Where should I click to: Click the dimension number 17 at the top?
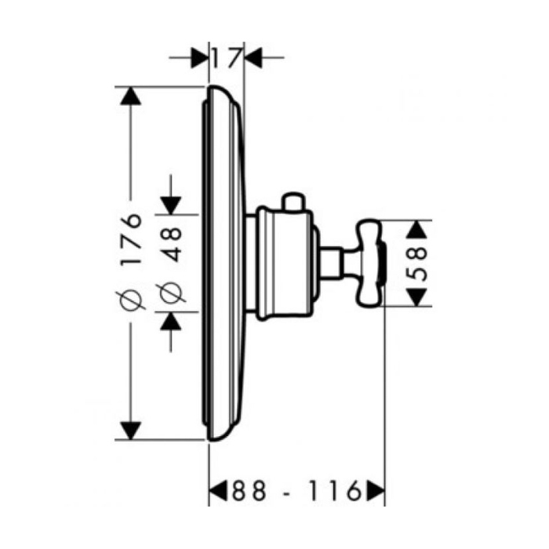click(x=227, y=59)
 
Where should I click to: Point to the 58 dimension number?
click(x=418, y=264)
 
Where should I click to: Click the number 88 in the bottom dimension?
click(x=249, y=491)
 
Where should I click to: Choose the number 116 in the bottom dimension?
click(x=335, y=491)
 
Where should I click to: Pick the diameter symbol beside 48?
click(x=172, y=291)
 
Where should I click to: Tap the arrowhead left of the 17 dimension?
click(x=199, y=58)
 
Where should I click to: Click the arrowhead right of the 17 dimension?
click(x=253, y=58)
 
